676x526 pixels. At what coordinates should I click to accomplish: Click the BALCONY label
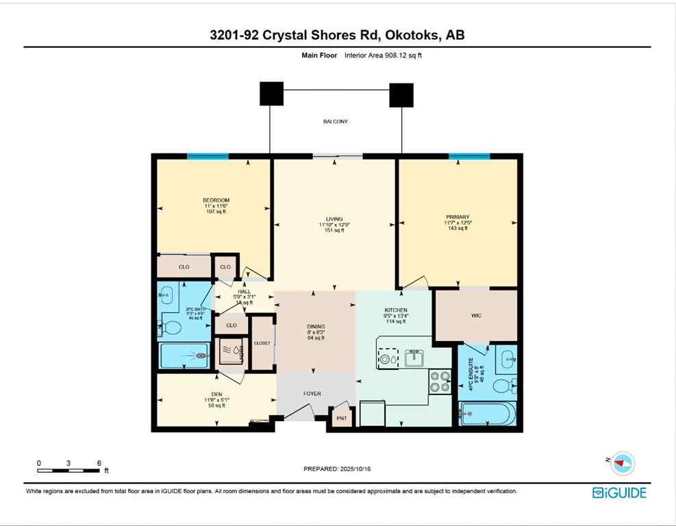336,122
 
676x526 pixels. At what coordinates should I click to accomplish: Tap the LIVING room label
335,218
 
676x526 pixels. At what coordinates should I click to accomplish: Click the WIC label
476,316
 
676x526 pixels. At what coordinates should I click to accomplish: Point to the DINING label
316,327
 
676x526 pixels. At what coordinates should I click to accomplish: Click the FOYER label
312,394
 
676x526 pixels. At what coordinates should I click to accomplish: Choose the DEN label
216,394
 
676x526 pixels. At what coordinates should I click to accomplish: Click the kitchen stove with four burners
440,381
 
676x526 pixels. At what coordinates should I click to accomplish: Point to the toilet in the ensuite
503,385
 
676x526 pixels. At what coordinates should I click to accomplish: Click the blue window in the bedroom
208,157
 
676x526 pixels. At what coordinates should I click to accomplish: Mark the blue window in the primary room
469,157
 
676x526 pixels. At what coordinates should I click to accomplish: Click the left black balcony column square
271,94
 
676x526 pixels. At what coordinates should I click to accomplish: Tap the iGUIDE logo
619,492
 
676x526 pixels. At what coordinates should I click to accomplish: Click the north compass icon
623,463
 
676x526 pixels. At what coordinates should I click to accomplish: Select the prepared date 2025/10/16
340,469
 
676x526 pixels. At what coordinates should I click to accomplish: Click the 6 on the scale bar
100,463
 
